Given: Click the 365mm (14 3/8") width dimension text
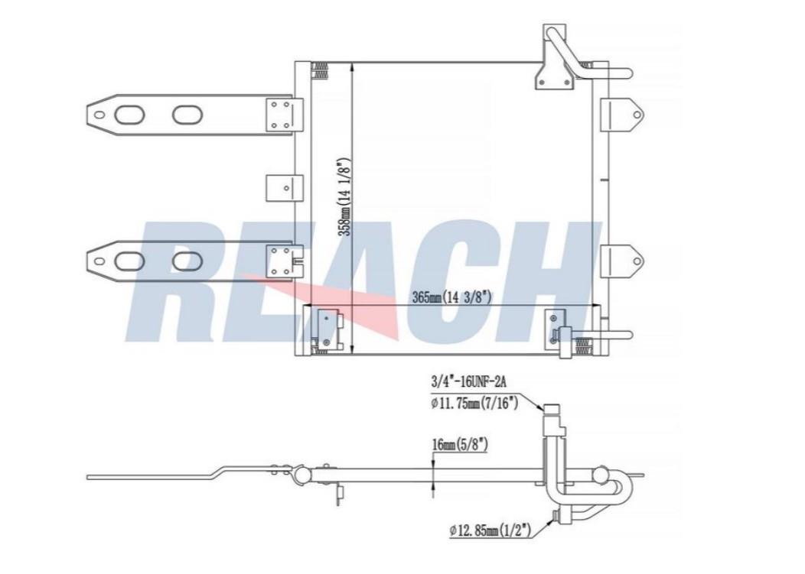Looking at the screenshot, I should click(x=451, y=297).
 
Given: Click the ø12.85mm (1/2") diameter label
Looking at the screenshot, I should click(x=493, y=529).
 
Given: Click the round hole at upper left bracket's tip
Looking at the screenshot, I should click(x=98, y=115).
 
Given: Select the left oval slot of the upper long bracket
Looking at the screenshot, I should click(x=129, y=115).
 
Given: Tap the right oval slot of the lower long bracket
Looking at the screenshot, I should click(x=187, y=261).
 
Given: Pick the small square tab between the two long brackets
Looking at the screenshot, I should click(x=281, y=186).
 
